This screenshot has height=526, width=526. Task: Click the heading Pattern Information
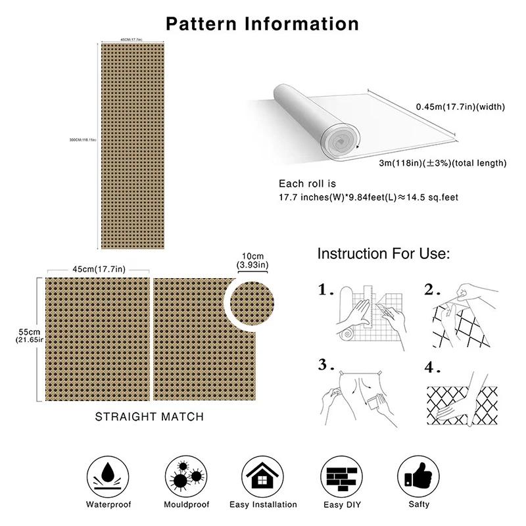[262, 24]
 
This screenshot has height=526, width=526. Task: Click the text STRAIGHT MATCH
[149, 416]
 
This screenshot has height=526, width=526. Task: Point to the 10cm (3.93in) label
[253, 260]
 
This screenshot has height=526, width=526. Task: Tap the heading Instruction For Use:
[383, 254]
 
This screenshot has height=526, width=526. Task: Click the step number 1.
[327, 290]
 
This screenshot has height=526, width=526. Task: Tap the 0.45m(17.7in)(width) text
[460, 107]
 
